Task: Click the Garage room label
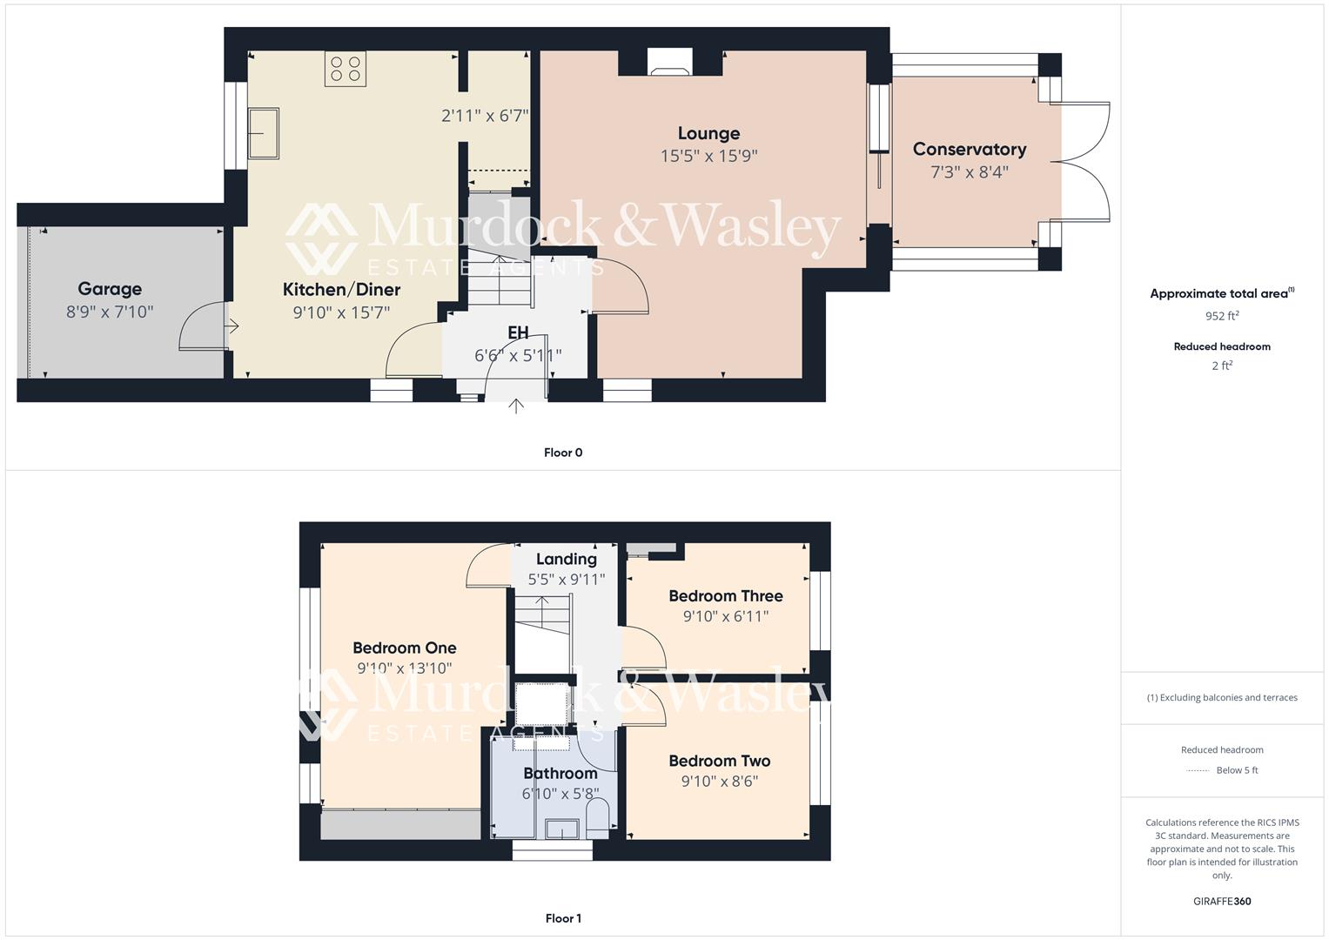coord(110,289)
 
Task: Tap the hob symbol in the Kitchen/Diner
coord(345,69)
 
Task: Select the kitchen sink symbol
coord(264,133)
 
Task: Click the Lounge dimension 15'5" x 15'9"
coord(708,157)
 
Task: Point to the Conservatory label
coord(969,150)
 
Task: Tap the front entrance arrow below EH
coord(516,406)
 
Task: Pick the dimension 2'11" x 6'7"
coord(485,116)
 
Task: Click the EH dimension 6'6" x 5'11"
coord(518,355)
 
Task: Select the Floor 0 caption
coord(563,453)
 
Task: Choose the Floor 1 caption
coord(563,918)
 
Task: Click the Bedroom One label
coord(404,648)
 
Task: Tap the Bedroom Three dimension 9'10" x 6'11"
coord(725,617)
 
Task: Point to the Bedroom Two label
coord(719,762)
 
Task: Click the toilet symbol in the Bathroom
coord(598,820)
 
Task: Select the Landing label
coord(566,560)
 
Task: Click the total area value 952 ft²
coord(1221,316)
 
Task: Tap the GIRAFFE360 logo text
coord(1221,901)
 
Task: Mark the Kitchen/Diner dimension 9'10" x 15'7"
coord(341,312)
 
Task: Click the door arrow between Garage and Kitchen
coord(232,326)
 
